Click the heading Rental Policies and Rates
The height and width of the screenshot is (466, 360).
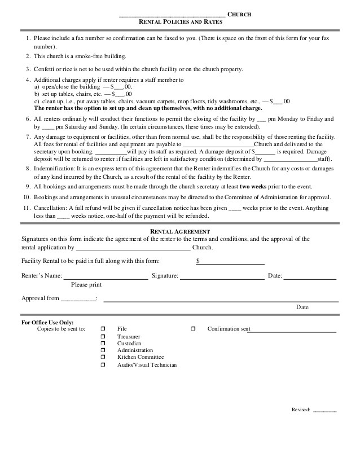pyautogui.click(x=181, y=21)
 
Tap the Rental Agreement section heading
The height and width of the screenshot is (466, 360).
pyautogui.click(x=180, y=231)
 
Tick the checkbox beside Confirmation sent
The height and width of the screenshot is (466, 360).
pyautogui.click(x=193, y=328)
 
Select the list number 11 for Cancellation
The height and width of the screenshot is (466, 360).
pyautogui.click(x=26, y=208)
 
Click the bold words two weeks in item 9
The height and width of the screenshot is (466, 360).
pyautogui.click(x=253, y=186)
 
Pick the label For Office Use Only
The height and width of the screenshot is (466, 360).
pyautogui.click(x=47, y=322)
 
